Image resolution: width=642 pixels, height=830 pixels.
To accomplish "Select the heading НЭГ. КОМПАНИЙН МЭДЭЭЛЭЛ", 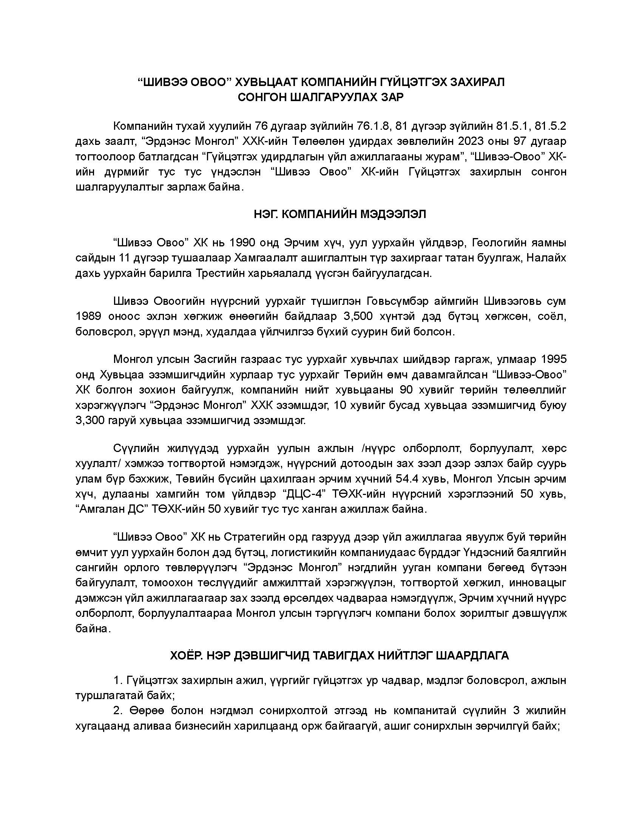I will (340, 214).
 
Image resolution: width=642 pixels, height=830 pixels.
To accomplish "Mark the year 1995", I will (551, 359).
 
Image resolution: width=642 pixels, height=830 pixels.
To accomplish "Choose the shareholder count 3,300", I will (91, 421).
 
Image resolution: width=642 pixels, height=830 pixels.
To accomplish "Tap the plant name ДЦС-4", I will (306, 495).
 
